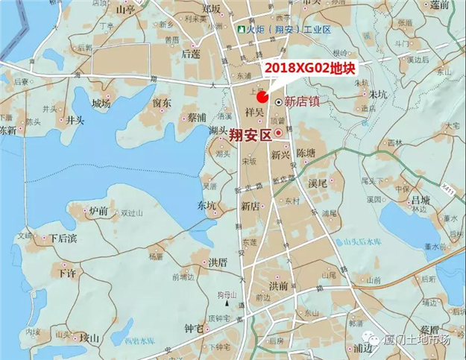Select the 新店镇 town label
click(x=303, y=101)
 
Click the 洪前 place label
click(x=279, y=285)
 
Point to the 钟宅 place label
click(x=193, y=327)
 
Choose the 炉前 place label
click(x=98, y=212)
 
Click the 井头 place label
click(x=75, y=119)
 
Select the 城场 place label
click(x=101, y=104)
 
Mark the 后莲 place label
click(x=191, y=54)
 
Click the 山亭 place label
click(x=126, y=10)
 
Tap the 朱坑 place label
click(x=379, y=95)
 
